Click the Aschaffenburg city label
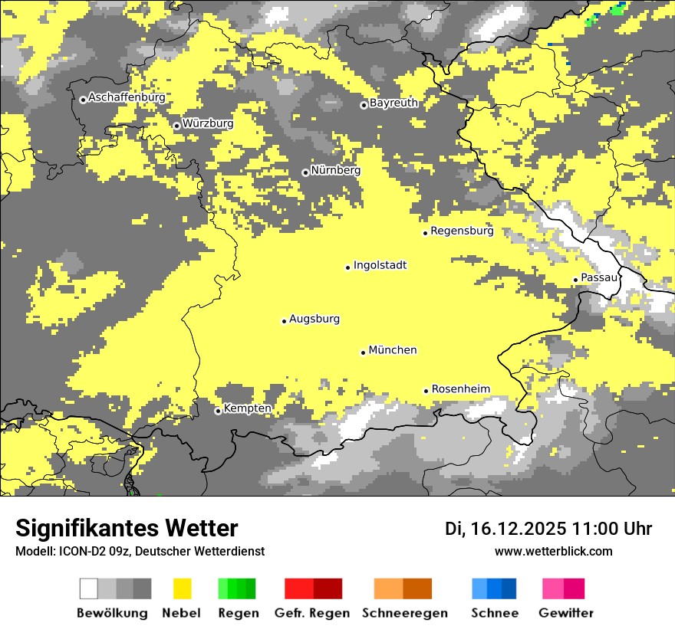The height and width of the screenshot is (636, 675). pyautogui.click(x=127, y=98)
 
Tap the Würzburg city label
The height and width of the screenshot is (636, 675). pyautogui.click(x=208, y=123)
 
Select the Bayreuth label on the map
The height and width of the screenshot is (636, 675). pyautogui.click(x=393, y=103)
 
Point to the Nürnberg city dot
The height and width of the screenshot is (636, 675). pyautogui.click(x=305, y=172)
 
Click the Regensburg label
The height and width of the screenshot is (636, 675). pyautogui.click(x=462, y=231)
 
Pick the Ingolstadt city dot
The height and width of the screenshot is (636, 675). pyautogui.click(x=347, y=267)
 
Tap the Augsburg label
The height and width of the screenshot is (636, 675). pyautogui.click(x=314, y=319)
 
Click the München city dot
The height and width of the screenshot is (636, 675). pyautogui.click(x=364, y=352)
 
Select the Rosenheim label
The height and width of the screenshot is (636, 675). pyautogui.click(x=460, y=389)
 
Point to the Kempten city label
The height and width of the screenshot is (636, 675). pyautogui.click(x=248, y=408)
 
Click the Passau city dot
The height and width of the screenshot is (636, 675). pyautogui.click(x=575, y=280)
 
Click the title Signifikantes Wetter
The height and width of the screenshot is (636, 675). pyautogui.click(x=127, y=529)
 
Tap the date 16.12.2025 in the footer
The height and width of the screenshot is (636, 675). pyautogui.click(x=519, y=529)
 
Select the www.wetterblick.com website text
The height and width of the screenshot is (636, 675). pyautogui.click(x=553, y=552)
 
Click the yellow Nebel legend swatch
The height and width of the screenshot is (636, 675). pyautogui.click(x=183, y=588)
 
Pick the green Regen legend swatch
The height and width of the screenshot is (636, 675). pyautogui.click(x=237, y=588)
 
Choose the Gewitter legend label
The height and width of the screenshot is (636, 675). pyautogui.click(x=566, y=613)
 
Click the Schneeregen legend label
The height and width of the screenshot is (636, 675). pyautogui.click(x=405, y=613)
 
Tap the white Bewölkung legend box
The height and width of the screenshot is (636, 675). pyautogui.click(x=89, y=588)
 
